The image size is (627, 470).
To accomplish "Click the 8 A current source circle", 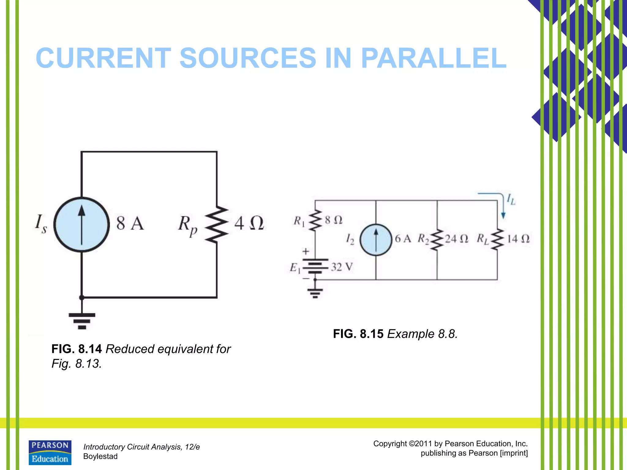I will (x=81, y=224).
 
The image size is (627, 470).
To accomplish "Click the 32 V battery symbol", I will (x=315, y=267).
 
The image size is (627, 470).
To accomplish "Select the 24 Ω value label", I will (x=456, y=239).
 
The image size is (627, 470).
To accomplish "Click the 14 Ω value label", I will (x=518, y=239).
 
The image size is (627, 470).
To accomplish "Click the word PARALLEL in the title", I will (x=434, y=58).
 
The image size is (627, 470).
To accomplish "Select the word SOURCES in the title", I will (x=247, y=58).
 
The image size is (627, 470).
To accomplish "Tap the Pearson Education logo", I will (x=50, y=453).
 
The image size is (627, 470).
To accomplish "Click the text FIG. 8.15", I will (x=358, y=334).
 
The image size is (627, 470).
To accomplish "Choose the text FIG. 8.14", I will (x=77, y=349).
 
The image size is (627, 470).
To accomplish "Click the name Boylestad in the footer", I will (x=100, y=456).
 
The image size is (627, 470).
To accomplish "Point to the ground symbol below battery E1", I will (x=315, y=293).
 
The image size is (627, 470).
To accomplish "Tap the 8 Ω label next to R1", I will (x=333, y=220).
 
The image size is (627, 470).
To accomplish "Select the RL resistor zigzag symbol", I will (x=497, y=239).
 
